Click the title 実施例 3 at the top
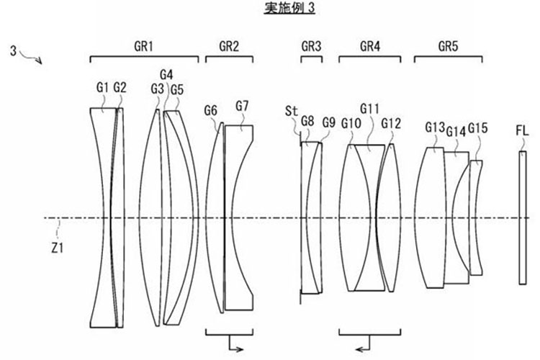point(289,8)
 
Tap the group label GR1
point(143,46)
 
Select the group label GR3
point(311,46)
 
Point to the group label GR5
point(448,46)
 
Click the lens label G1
point(102,88)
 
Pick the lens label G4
point(167,75)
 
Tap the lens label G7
point(242,106)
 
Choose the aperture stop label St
point(292,112)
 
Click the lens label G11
point(369,109)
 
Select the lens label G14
point(456,131)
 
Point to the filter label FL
point(522,131)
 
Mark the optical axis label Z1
point(57,248)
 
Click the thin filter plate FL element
point(523,217)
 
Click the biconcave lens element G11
point(369,217)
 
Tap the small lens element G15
point(475,217)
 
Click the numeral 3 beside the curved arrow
point(13,51)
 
